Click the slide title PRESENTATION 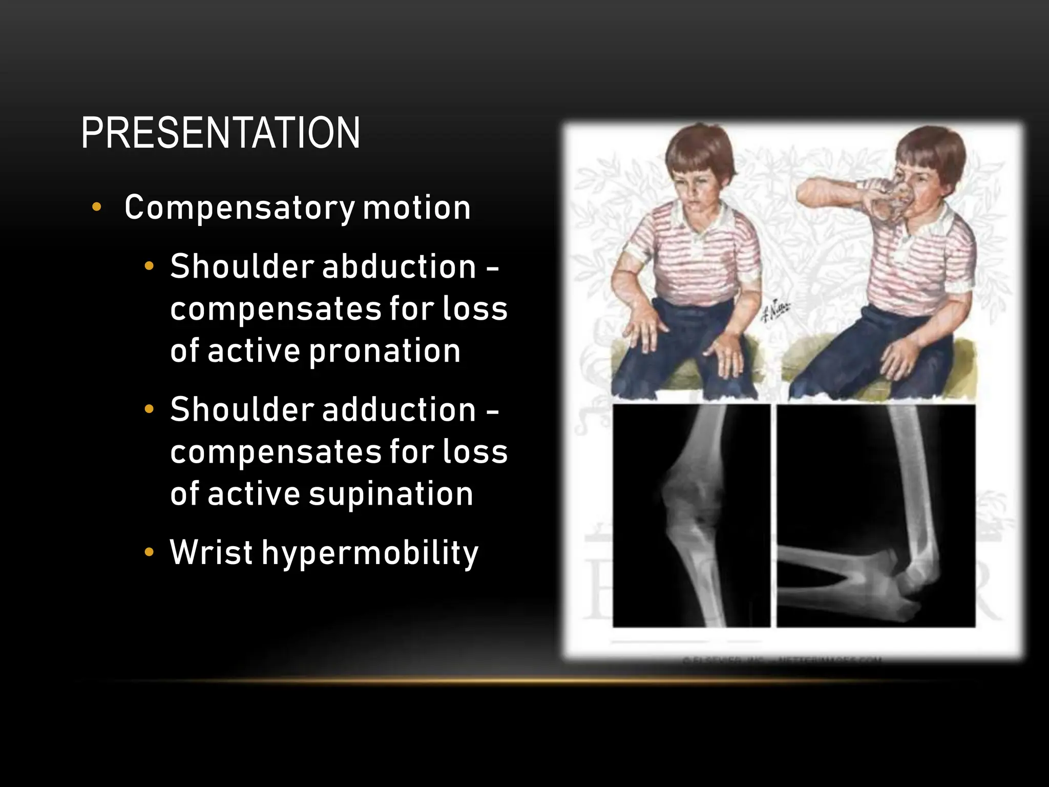(220, 133)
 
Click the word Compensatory (239, 208)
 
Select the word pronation (385, 351)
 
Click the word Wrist (211, 552)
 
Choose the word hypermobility (370, 553)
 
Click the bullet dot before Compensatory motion (96, 208)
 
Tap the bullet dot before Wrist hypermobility (149, 552)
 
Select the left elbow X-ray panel (691, 515)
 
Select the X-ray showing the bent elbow (876, 515)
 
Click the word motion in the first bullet (416, 208)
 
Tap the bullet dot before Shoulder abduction (149, 266)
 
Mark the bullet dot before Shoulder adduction (149, 409)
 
